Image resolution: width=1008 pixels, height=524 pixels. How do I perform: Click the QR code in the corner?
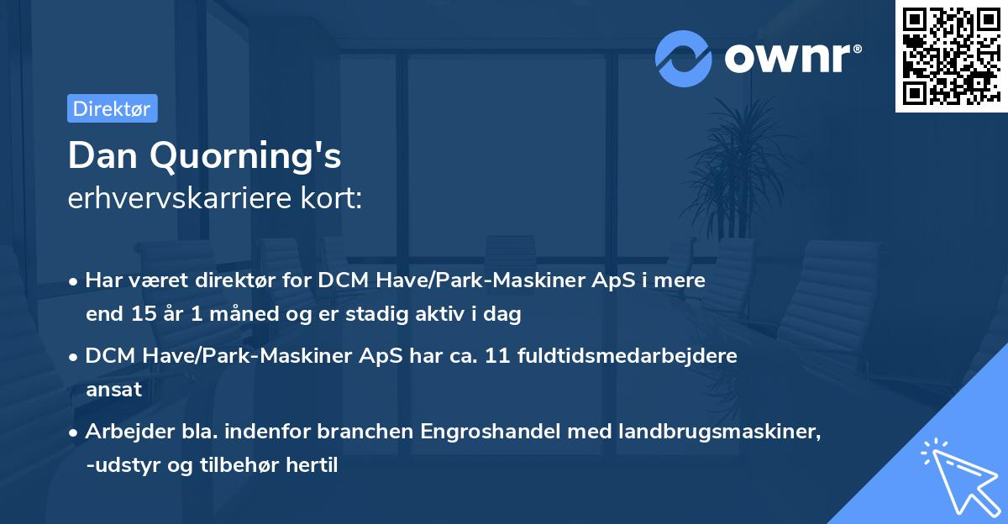point(951,55)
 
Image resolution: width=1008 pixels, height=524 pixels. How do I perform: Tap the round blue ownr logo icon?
point(684,58)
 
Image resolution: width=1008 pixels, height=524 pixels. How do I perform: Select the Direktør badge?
point(112,108)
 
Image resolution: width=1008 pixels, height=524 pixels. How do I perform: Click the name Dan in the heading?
point(100,155)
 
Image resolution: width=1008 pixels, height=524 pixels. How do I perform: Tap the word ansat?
point(113,390)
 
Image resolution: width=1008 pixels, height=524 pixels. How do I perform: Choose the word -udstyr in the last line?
point(120,466)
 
